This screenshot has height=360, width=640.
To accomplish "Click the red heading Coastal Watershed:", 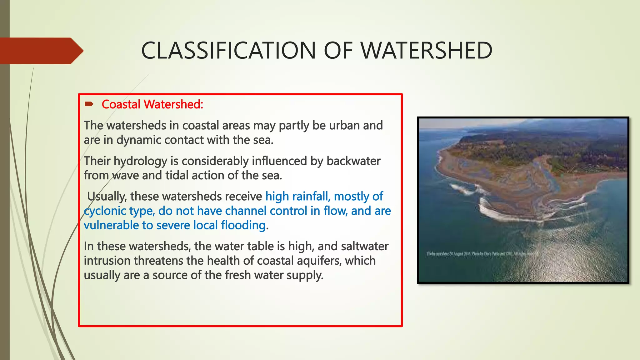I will tap(152, 104).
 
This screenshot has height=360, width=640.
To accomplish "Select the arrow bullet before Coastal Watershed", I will tap(89, 104).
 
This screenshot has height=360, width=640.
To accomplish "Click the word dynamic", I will tap(139, 140).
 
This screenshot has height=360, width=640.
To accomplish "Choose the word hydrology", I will tap(140, 161).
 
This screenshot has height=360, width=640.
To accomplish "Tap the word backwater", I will tap(353, 161).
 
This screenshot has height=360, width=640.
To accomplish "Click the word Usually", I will tap(107, 197).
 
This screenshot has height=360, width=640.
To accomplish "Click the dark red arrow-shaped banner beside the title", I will tap(41, 51).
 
